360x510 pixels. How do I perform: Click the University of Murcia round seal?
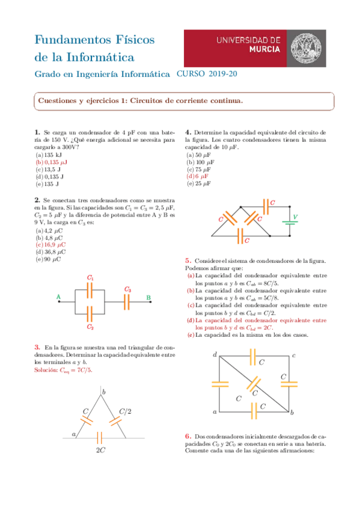(x=305, y=48)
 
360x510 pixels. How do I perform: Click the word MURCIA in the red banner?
(x=264, y=49)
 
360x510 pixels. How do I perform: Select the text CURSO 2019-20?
(x=207, y=74)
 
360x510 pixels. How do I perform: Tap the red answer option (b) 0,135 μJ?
(x=51, y=162)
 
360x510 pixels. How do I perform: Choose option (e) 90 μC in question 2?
(x=48, y=259)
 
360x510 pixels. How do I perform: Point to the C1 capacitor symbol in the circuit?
(x=90, y=290)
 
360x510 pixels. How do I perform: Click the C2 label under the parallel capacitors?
(x=90, y=327)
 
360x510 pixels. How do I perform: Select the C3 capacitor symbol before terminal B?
(x=127, y=302)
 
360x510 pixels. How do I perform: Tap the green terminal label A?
(x=58, y=296)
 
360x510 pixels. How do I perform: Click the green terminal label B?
(x=148, y=297)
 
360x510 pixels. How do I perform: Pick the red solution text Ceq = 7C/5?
(x=63, y=370)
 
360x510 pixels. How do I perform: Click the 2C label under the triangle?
(x=100, y=450)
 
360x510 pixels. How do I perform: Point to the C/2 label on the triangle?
(x=125, y=411)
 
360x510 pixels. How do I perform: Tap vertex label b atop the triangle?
(x=103, y=392)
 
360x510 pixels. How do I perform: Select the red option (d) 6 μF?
(x=197, y=176)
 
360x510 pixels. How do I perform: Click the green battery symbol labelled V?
(x=290, y=223)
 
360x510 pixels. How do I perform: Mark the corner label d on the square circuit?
(x=215, y=354)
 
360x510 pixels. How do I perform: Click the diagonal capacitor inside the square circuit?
(x=254, y=384)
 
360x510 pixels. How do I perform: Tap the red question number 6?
(x=188, y=436)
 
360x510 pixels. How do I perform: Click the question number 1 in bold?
(x=37, y=132)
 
